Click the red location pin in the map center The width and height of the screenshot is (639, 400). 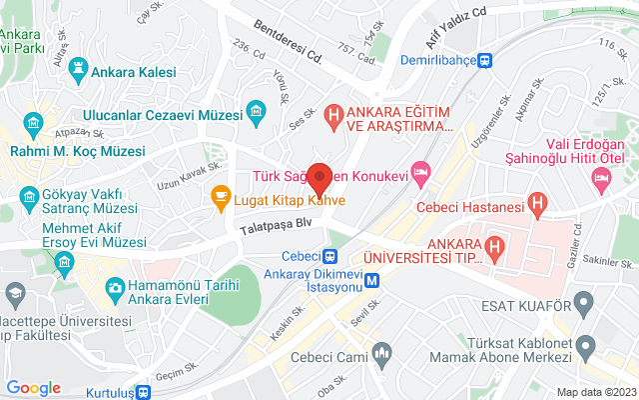tap(319, 177)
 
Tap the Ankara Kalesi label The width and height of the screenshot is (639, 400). tap(133, 72)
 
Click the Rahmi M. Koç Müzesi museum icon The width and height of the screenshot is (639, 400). tap(33, 126)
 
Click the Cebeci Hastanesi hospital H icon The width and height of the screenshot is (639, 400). tap(538, 207)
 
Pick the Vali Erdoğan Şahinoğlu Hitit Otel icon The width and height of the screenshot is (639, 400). tap(601, 180)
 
